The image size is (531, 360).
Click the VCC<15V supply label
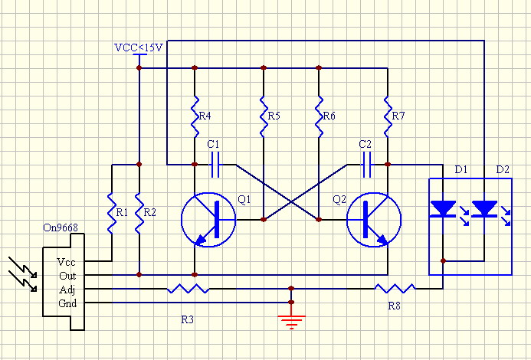[x=139, y=47]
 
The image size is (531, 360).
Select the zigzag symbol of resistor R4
[x=195, y=116]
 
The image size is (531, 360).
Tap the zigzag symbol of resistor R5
[x=264, y=116]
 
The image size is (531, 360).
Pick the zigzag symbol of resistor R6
[x=319, y=116]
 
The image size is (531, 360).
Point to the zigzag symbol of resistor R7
[x=388, y=116]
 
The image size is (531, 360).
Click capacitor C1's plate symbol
[x=215, y=165]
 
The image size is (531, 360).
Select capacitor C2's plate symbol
[x=367, y=165]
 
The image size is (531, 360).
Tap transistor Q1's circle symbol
[x=208, y=220]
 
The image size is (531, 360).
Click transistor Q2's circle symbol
[x=374, y=220]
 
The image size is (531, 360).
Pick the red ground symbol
[x=291, y=322]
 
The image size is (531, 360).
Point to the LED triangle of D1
[x=443, y=208]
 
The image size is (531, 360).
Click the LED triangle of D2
[x=484, y=208]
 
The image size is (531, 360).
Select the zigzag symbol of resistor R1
[x=112, y=213]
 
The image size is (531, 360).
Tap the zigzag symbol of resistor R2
[x=139, y=213]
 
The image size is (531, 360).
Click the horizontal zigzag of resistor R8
[x=395, y=288]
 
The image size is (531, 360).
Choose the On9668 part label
[x=61, y=227]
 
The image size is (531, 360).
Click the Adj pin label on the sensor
[x=67, y=290]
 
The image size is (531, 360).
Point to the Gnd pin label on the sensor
[x=67, y=303]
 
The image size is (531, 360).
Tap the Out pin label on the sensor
[x=67, y=276]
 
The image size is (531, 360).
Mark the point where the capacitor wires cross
[x=291, y=202]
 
